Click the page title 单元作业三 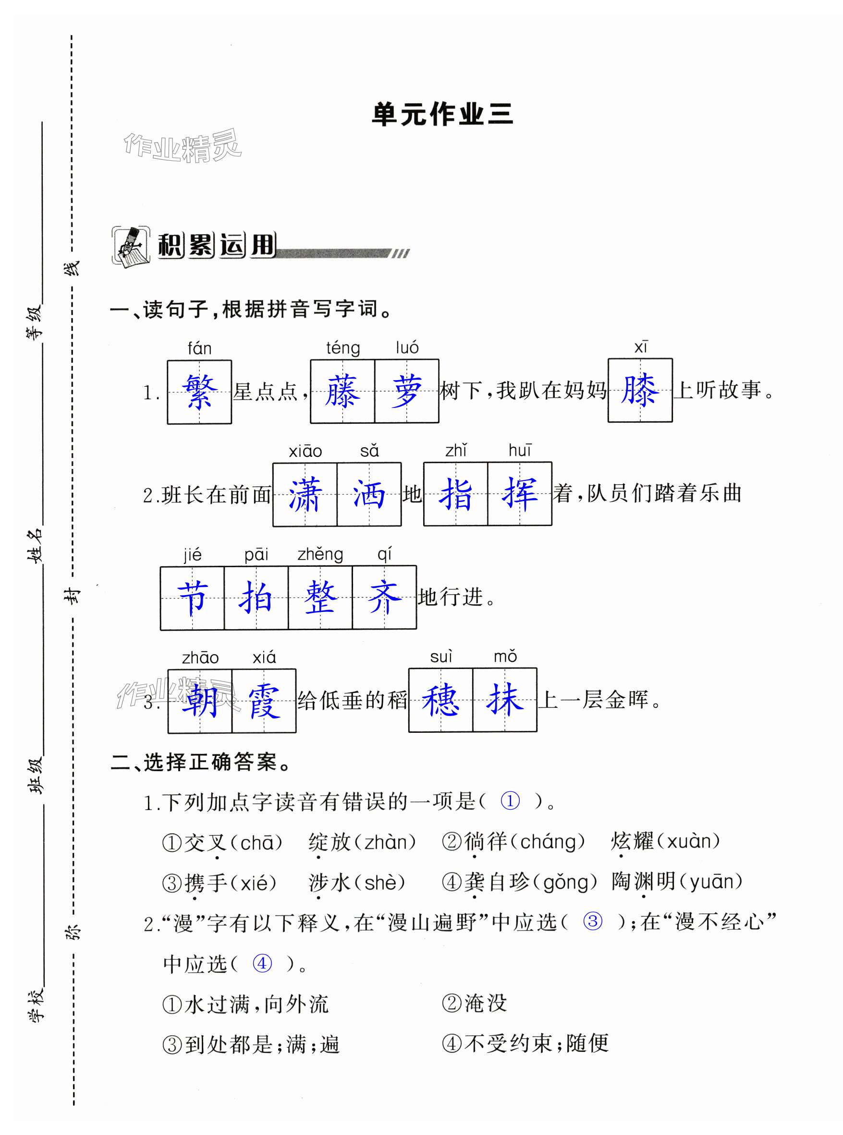pos(442,114)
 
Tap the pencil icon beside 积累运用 pos(131,246)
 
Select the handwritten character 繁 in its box pos(199,392)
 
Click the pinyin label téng pos(343,348)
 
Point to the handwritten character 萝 pos(407,391)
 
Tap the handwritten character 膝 pos(639,390)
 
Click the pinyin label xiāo pos(305,451)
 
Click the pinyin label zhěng pos(320,554)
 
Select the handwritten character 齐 pos(384,597)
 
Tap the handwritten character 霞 pos(264,702)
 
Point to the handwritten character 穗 pos(440,700)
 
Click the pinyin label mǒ pos(505,657)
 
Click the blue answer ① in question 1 pos(510,800)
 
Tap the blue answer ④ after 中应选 pos(262,963)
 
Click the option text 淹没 pos(485,1003)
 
